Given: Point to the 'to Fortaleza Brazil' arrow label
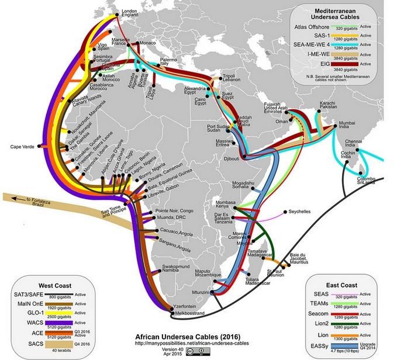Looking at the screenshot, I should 36,202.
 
